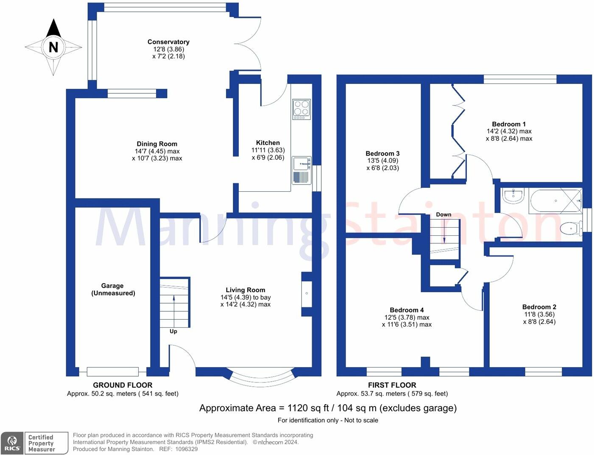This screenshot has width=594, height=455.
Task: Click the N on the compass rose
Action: [53, 47]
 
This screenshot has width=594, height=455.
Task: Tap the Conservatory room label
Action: [168, 42]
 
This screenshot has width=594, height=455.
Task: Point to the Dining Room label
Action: [157, 144]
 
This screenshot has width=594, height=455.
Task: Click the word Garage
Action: [112, 286]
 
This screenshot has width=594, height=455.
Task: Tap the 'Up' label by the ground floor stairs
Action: [173, 331]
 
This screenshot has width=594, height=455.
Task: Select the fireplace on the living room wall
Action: [307, 293]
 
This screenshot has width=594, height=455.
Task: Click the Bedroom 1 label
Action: [509, 124]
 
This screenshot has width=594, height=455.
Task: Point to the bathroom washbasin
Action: [513, 195]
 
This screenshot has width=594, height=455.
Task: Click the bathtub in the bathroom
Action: [555, 201]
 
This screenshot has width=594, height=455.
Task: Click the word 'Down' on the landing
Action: [443, 215]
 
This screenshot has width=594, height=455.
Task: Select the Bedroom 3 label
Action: [382, 154]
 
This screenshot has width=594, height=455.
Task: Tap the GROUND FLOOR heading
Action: [123, 385]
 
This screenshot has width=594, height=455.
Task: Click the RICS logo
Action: [12, 443]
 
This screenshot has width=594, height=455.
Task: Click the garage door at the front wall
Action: [113, 371]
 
